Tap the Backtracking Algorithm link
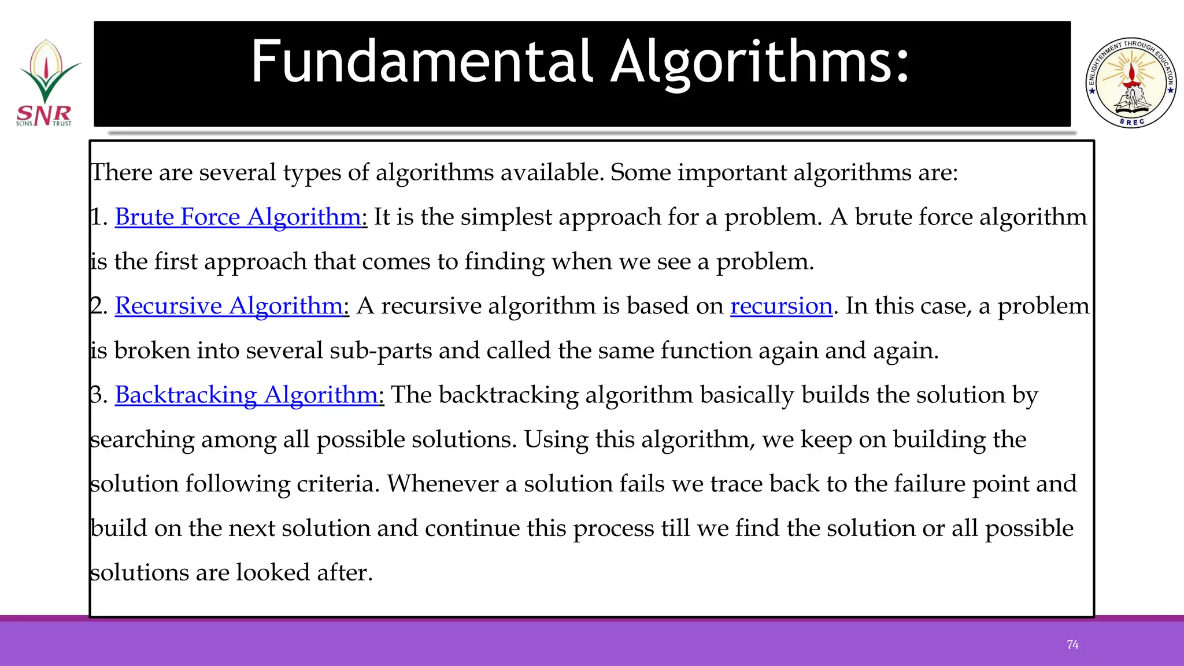coord(247,395)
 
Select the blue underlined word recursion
coord(781,306)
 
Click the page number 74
coord(1072,645)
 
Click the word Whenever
coord(442,484)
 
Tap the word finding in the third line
coord(504,262)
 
